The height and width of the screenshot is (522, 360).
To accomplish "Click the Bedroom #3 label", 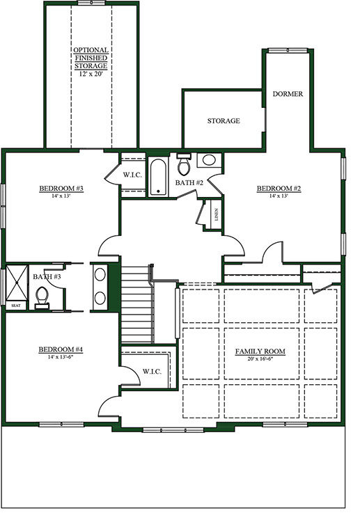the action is coord(61,189).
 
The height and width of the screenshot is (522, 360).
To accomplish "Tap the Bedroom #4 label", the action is coord(61,349).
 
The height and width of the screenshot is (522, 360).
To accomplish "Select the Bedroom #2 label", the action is coord(279,189).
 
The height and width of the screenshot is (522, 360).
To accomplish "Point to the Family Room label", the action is coord(260,351).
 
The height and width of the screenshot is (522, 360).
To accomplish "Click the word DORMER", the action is coord(288,94).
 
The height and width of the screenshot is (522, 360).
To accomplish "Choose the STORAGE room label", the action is coord(224,121).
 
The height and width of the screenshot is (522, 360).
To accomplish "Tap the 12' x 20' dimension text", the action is coord(91,74).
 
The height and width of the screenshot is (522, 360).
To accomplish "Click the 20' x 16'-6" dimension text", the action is coord(260,359).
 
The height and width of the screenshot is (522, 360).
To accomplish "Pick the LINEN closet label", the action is coord(217,215).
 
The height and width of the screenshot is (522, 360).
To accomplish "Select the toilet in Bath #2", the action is coord(184,165).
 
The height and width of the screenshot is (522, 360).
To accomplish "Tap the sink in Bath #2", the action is coord(209,161).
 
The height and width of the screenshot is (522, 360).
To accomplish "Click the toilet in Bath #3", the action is coord(42,298).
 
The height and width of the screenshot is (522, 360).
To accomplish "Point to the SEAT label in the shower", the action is coord(15,306).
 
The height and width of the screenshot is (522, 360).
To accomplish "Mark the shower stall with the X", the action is coord(17,283).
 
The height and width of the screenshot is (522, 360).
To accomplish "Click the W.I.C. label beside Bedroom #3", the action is coord(132,175).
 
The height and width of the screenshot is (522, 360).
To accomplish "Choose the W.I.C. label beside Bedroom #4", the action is coord(152,372).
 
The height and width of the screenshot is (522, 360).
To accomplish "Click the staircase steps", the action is coord(136,304).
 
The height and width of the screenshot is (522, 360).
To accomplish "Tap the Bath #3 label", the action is coord(47,276).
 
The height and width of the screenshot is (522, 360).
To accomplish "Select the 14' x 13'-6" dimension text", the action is coord(61,357).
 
